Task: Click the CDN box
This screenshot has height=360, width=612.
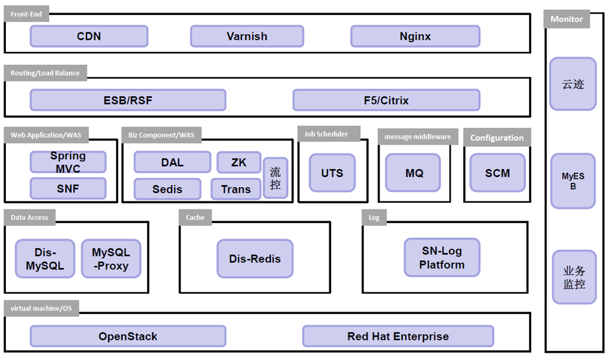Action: click(x=89, y=36)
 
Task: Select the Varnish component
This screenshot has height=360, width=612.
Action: click(x=247, y=36)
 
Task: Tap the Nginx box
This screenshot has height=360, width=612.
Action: click(x=415, y=36)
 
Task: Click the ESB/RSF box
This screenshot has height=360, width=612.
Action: click(x=128, y=100)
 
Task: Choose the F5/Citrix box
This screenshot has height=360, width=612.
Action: click(x=387, y=100)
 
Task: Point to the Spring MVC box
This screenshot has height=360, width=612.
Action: click(x=68, y=162)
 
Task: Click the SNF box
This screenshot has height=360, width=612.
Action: click(x=68, y=188)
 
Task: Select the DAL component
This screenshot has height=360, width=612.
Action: click(x=173, y=163)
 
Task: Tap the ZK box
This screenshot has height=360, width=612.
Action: click(x=239, y=163)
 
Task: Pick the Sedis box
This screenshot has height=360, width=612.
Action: click(x=167, y=189)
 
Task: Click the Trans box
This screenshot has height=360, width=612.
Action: click(x=235, y=189)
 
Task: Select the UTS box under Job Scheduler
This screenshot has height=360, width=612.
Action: click(x=332, y=173)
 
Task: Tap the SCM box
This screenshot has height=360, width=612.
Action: click(x=498, y=173)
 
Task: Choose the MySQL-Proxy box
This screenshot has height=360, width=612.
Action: click(x=111, y=259)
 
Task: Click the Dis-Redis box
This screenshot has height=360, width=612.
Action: click(x=255, y=259)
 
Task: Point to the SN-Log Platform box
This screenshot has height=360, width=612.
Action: click(x=442, y=258)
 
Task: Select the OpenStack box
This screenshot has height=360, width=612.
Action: click(x=128, y=336)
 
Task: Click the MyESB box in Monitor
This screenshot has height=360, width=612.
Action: click(x=573, y=181)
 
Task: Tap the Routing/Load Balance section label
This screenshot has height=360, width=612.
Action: click(x=45, y=73)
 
